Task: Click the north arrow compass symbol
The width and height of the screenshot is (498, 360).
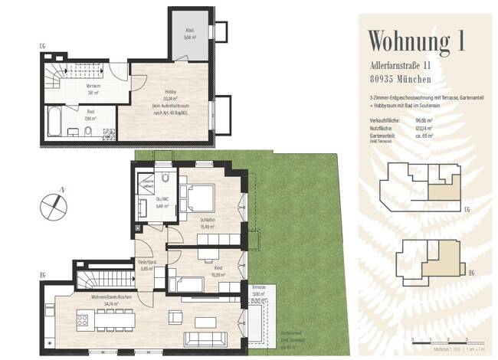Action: (53, 204)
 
